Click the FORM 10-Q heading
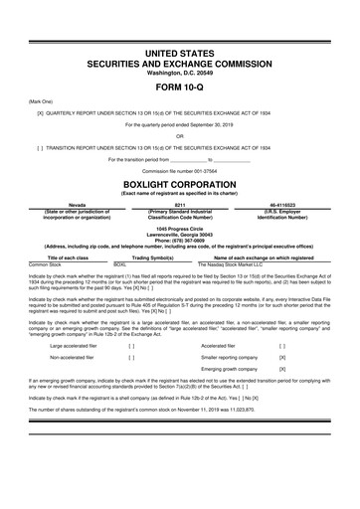click(179, 88)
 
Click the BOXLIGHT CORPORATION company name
click(179, 184)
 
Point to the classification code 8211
click(180, 202)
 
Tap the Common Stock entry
click(44, 264)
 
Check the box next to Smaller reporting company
click(282, 356)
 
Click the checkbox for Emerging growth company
click(282, 369)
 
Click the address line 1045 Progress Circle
click(180, 225)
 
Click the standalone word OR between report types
click(179, 136)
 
